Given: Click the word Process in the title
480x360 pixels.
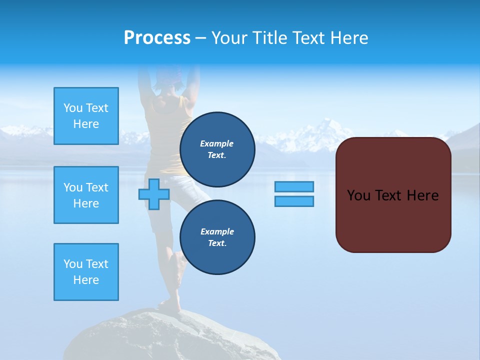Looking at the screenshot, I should click(x=157, y=38).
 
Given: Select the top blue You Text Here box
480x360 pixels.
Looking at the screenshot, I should click(x=86, y=116).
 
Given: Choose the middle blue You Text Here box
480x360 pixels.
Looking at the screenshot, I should click(x=86, y=195).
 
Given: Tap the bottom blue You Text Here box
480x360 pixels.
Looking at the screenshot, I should click(x=86, y=272).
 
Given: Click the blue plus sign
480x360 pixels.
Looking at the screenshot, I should click(x=153, y=194).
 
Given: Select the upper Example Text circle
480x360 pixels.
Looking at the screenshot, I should click(x=217, y=149).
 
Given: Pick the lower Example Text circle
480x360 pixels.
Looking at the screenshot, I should click(x=217, y=237).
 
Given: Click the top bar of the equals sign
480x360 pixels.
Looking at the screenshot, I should click(x=294, y=186).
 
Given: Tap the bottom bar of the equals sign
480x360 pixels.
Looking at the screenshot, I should click(x=294, y=201).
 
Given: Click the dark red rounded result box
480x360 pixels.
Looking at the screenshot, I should click(x=393, y=195).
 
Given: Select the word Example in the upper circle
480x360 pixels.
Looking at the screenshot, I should click(x=216, y=143).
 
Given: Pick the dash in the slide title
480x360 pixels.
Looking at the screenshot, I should click(x=200, y=38).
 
